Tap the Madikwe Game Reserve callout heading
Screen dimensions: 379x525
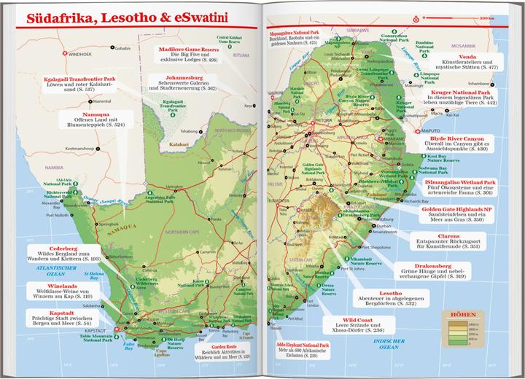tap(190, 50)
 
